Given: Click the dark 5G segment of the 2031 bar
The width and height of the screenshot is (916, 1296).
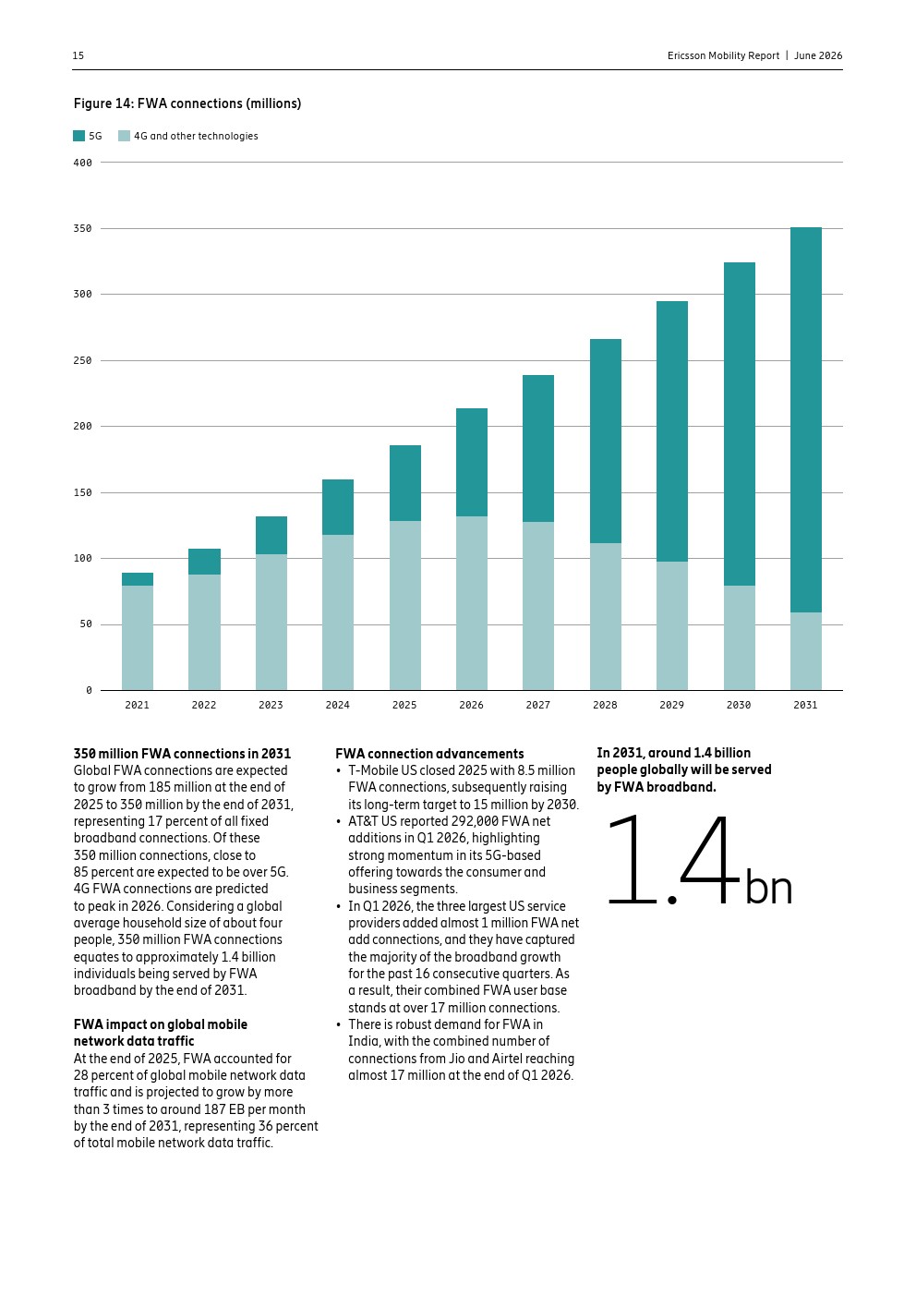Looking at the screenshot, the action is click(x=805, y=419).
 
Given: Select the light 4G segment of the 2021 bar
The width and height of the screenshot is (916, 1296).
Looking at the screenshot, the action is click(x=137, y=637).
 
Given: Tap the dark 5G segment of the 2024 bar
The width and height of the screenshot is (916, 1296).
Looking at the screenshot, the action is click(x=338, y=507).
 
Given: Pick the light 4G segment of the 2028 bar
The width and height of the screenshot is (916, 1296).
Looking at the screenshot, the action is click(x=606, y=616).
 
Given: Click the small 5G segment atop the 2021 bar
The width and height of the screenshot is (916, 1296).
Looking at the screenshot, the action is click(x=137, y=579).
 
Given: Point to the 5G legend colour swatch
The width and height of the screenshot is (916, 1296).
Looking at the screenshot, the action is click(x=78, y=136).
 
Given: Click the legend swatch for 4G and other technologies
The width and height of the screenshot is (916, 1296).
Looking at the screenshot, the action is click(x=124, y=136).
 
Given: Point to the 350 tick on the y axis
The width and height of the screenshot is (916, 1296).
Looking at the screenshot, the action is click(x=83, y=228).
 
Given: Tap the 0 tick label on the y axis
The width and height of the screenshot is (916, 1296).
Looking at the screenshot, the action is click(x=89, y=690).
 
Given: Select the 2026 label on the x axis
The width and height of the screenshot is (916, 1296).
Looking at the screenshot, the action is click(x=471, y=705).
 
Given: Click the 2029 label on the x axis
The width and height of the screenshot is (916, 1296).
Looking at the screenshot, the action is click(x=672, y=705).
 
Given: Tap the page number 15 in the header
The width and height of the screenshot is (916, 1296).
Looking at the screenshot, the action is click(x=78, y=55).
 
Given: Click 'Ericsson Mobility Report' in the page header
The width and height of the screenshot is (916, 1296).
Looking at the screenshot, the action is click(x=723, y=55).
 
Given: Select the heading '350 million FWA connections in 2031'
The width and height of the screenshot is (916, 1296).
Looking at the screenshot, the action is click(x=182, y=753).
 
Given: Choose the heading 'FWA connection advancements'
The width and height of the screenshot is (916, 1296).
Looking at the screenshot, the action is click(x=429, y=753).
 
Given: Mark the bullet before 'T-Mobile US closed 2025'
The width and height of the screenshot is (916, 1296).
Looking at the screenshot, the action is click(x=338, y=771).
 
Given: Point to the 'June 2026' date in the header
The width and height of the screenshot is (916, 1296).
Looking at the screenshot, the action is click(x=818, y=55).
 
